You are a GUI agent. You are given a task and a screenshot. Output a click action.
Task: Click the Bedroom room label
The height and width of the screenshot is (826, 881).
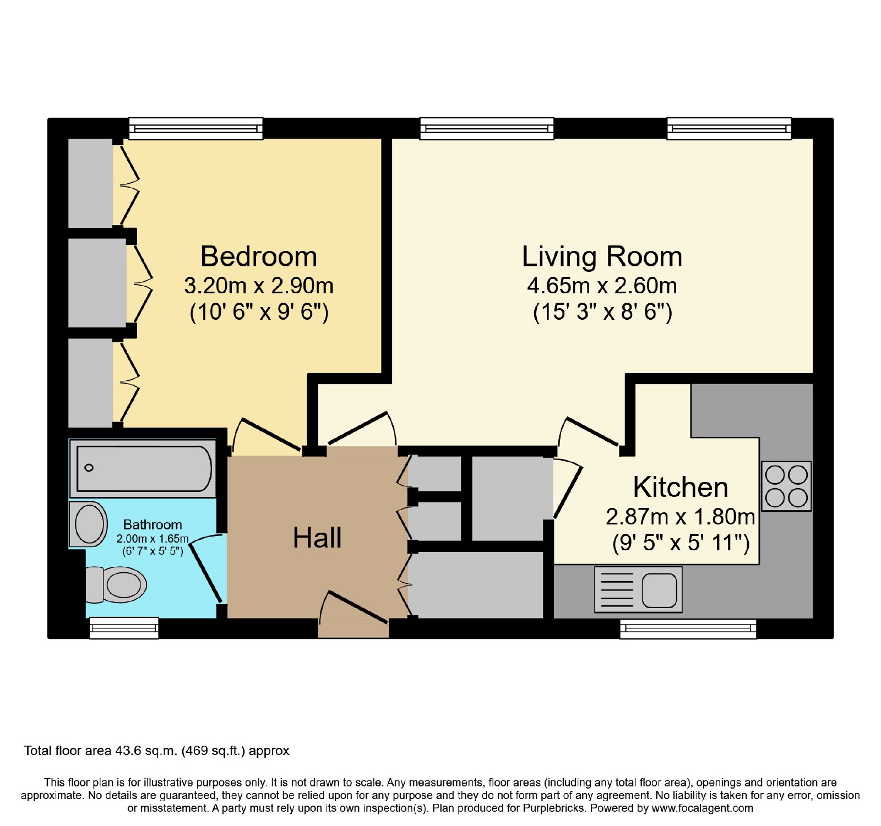point(259,256)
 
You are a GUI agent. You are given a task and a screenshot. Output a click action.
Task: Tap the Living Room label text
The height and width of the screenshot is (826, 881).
point(602,256)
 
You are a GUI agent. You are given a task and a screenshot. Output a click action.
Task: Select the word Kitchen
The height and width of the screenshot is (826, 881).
point(681,487)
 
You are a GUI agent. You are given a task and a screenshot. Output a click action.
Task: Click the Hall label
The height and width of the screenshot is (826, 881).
point(317,538)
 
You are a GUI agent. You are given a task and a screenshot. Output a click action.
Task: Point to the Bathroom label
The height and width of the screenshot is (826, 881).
point(153,524)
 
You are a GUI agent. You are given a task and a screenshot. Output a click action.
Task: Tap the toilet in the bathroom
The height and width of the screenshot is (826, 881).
point(116,584)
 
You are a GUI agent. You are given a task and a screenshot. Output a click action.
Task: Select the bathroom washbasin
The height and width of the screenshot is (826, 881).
point(89,524)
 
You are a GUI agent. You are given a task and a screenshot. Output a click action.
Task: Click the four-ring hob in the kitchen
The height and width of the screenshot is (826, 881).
point(786,486)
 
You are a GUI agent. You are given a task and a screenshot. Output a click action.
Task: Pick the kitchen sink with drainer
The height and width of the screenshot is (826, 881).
point(638,590)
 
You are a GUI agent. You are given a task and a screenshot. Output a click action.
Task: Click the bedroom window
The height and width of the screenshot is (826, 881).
point(196,128)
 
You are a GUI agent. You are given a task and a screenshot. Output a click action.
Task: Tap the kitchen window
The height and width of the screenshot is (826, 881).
point(688,628)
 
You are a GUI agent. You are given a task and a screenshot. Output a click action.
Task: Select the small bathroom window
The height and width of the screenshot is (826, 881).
point(124,628)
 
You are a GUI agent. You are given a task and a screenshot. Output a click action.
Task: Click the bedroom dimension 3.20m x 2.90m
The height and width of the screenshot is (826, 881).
point(259,286)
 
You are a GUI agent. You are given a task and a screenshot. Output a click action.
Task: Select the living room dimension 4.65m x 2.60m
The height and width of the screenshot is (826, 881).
point(602,286)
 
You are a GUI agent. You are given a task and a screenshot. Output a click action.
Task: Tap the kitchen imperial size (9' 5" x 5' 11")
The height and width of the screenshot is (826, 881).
point(681,543)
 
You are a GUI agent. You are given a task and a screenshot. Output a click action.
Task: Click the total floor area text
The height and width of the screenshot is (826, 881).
point(157,751)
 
